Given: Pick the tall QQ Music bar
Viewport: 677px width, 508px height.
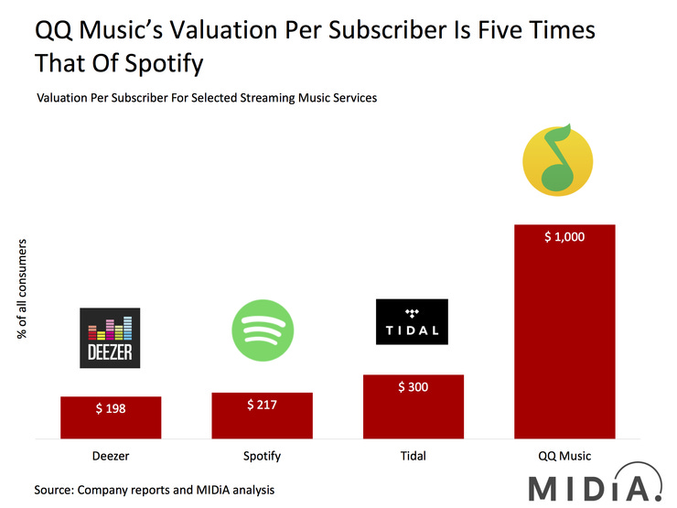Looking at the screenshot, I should click(564, 348).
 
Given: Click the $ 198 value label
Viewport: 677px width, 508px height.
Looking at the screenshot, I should click(111, 408).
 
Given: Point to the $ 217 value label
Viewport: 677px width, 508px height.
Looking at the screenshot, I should click(262, 405).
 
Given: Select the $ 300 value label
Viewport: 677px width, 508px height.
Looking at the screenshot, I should click(414, 387).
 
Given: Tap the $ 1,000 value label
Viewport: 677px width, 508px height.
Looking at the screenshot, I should click(564, 237).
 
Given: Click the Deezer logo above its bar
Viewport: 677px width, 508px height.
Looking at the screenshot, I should click(111, 338).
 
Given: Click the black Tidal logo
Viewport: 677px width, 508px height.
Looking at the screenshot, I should click(413, 322).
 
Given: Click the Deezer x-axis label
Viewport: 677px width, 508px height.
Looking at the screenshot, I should click(111, 455).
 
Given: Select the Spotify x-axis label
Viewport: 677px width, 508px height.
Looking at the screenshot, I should click(262, 455).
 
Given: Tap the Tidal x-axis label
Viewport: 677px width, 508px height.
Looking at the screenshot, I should click(414, 455).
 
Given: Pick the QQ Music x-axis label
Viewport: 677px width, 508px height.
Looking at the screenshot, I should click(564, 455).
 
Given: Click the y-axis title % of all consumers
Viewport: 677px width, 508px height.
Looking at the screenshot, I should click(23, 290).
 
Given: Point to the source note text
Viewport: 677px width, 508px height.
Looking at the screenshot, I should click(155, 490).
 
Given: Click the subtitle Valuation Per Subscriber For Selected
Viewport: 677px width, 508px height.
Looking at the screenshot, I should click(206, 97).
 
